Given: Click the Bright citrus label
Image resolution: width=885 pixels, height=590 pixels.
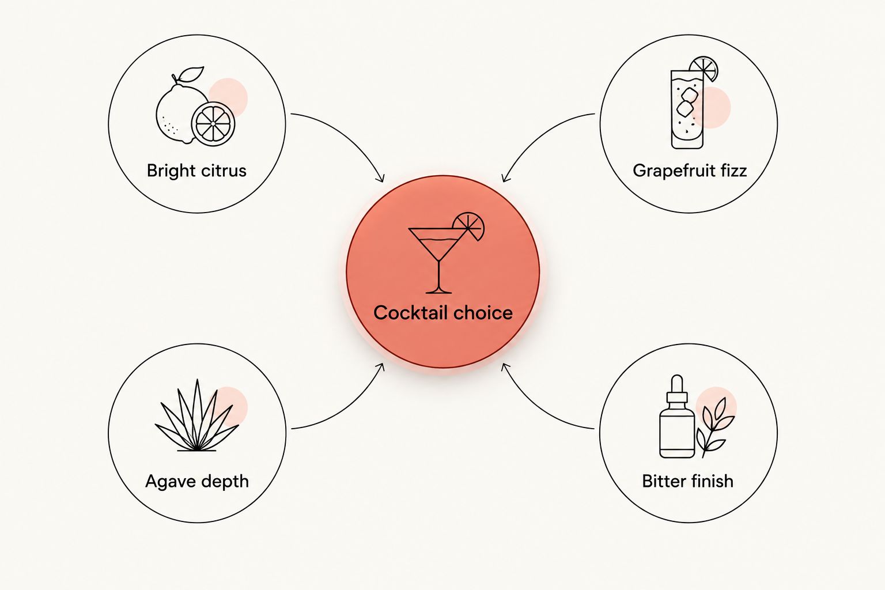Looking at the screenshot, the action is (x=196, y=171).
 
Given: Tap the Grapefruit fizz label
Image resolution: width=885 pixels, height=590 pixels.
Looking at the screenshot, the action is (x=690, y=171).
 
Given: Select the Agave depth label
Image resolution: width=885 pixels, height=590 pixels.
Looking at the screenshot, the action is (x=196, y=481).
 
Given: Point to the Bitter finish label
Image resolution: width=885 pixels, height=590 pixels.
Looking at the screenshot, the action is (x=687, y=481).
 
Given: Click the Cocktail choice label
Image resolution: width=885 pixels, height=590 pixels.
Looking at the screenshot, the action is (x=443, y=313).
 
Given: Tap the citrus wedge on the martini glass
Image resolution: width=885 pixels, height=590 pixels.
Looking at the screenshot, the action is (x=469, y=226).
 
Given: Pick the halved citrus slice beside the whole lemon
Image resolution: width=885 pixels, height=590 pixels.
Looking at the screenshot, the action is (x=213, y=124).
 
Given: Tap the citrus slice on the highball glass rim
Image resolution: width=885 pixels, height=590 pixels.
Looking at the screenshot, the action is (x=704, y=69).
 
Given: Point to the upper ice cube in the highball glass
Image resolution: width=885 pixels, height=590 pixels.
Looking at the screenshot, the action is (x=690, y=94).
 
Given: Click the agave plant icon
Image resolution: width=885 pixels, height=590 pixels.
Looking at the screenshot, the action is (x=196, y=415).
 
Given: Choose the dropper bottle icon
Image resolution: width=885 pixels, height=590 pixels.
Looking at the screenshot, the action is (x=677, y=416).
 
